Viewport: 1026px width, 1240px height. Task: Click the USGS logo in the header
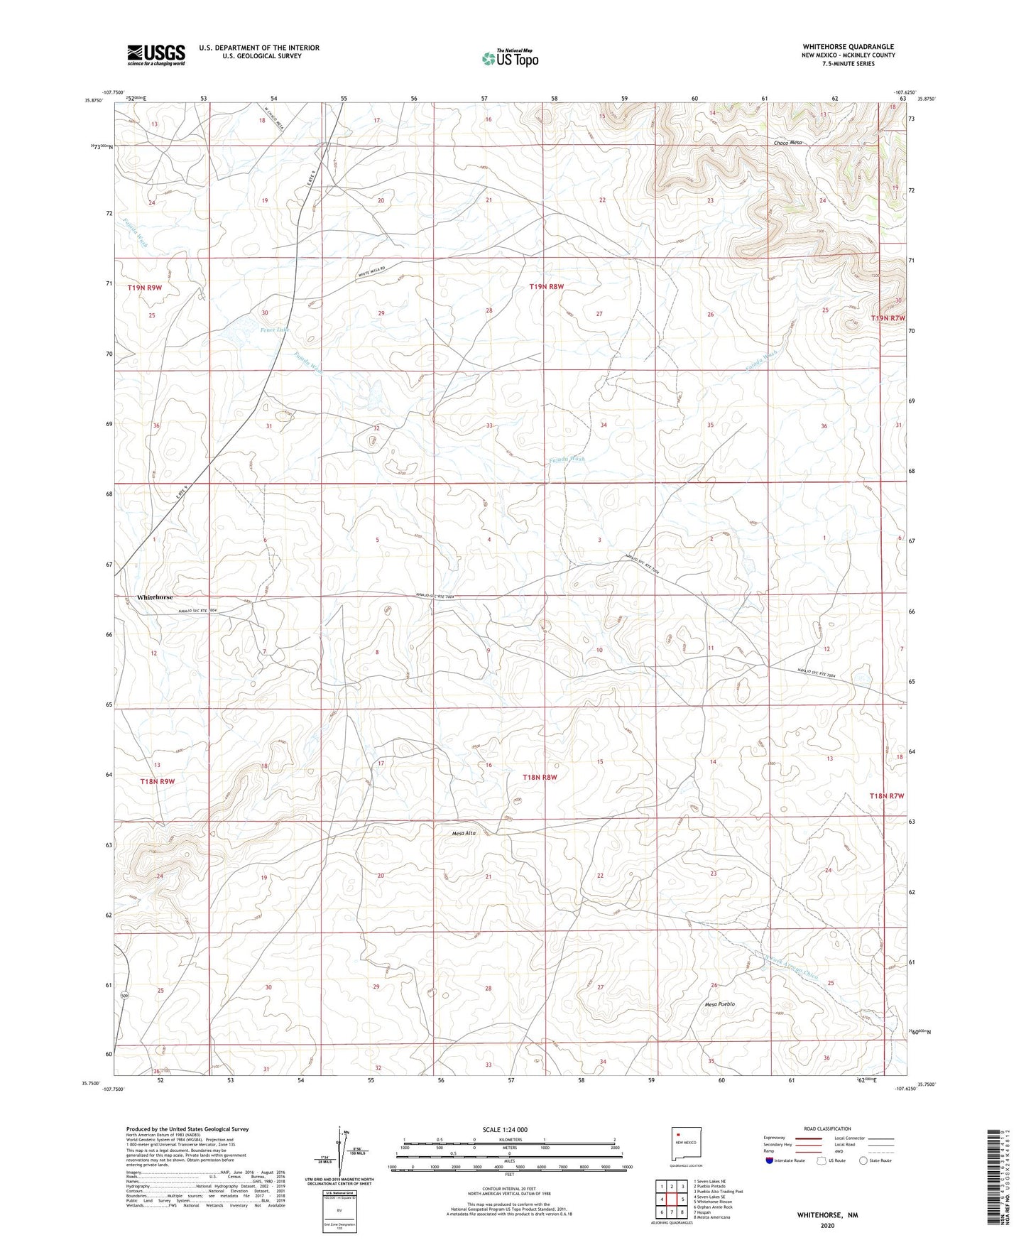(x=156, y=55)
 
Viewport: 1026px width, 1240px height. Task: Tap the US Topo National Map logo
(x=510, y=58)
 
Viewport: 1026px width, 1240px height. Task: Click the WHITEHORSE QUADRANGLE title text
(x=848, y=47)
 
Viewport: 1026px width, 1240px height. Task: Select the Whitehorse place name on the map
(x=155, y=597)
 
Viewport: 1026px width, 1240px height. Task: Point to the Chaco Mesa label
(x=787, y=143)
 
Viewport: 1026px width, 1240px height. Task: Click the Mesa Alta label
(x=463, y=833)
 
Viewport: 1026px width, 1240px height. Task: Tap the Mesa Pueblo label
(x=719, y=1004)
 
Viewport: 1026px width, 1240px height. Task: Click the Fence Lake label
(x=274, y=330)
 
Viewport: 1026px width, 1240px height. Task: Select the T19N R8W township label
(x=546, y=287)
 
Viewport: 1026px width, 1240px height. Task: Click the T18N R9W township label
(x=157, y=781)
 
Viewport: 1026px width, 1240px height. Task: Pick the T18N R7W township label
(x=887, y=796)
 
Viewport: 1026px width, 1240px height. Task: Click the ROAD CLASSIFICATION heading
(x=828, y=1128)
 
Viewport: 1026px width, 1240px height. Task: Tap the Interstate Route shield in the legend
(x=771, y=1160)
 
